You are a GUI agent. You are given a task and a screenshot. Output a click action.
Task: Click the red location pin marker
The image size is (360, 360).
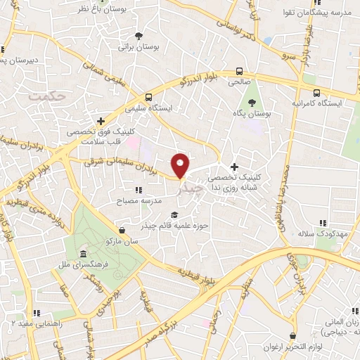pyautogui.click(x=181, y=165)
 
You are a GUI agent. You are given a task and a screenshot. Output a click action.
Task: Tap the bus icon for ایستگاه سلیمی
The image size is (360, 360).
pyautogui.click(x=148, y=98)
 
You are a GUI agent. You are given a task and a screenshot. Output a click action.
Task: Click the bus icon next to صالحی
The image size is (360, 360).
pyautogui.click(x=240, y=71)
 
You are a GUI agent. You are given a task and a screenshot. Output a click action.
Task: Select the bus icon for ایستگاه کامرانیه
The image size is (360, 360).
pyautogui.click(x=316, y=93)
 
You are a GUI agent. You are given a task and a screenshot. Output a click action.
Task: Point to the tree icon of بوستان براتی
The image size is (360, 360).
pyautogui.click(x=139, y=35)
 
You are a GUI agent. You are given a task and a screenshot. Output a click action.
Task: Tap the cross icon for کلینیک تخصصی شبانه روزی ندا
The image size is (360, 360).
pyautogui.click(x=235, y=166)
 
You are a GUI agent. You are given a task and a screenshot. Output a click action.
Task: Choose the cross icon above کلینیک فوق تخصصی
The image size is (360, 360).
pyautogui.click(x=102, y=120)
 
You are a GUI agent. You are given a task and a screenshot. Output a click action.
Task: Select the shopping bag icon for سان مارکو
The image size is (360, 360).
pyautogui.click(x=122, y=229)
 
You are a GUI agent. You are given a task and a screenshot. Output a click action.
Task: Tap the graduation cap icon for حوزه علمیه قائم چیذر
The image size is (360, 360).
pyautogui.click(x=174, y=215)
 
